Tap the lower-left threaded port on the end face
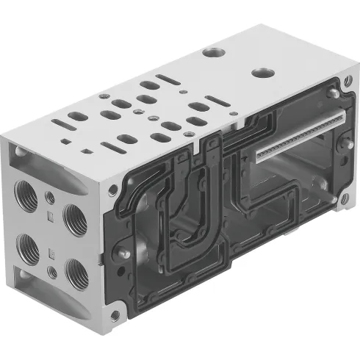click(29, 246)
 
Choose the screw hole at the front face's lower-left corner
click(115, 316)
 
